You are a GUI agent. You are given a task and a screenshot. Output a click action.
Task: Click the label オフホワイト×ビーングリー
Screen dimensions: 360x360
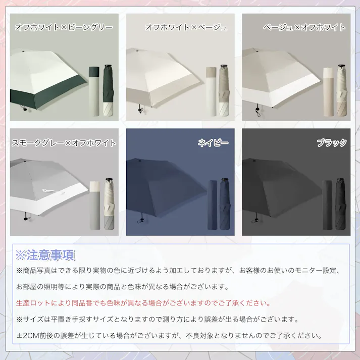(64, 27)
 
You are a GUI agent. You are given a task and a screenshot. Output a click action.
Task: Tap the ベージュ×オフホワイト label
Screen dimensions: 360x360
(304, 27)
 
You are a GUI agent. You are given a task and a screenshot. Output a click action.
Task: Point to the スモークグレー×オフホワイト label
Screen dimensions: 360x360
(64, 143)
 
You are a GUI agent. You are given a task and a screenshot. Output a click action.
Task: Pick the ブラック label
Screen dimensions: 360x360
(332, 143)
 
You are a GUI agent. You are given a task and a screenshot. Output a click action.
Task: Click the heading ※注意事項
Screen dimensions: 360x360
(45, 254)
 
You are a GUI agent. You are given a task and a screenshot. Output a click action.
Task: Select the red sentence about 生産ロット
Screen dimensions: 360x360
(143, 303)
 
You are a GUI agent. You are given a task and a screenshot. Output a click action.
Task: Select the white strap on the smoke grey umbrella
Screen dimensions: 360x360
(47, 190)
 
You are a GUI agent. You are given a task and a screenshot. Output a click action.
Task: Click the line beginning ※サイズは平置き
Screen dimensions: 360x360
(158, 320)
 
